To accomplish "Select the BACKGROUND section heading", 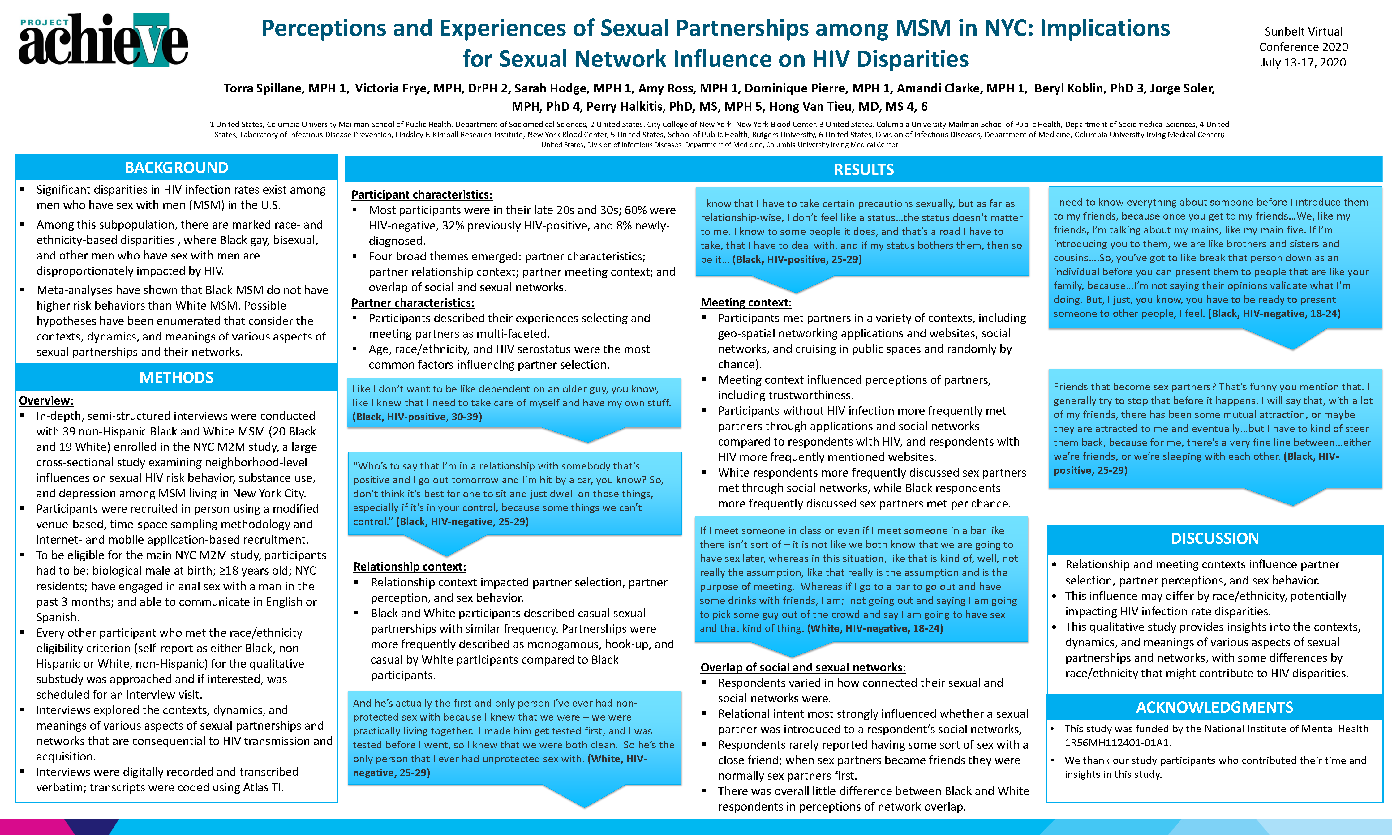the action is tap(177, 168).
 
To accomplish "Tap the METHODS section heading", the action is tap(177, 378).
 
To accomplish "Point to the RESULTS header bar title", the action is tap(864, 169).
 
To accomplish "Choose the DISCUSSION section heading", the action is tap(1215, 538).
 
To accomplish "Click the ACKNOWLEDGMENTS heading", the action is tap(1215, 707).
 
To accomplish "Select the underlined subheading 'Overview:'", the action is tap(46, 400).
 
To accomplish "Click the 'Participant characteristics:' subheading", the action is tap(422, 195).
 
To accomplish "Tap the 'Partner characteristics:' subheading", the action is tap(413, 303).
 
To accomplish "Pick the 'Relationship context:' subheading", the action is tap(410, 567).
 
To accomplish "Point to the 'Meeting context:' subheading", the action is tap(746, 303).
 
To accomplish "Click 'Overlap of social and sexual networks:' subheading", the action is tap(803, 667).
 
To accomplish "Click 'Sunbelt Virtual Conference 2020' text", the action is tap(1304, 39).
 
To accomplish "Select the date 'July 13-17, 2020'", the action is tap(1304, 62).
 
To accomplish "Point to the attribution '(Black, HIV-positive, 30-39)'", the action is tap(417, 417).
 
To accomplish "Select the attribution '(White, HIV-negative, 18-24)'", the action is tap(875, 628).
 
